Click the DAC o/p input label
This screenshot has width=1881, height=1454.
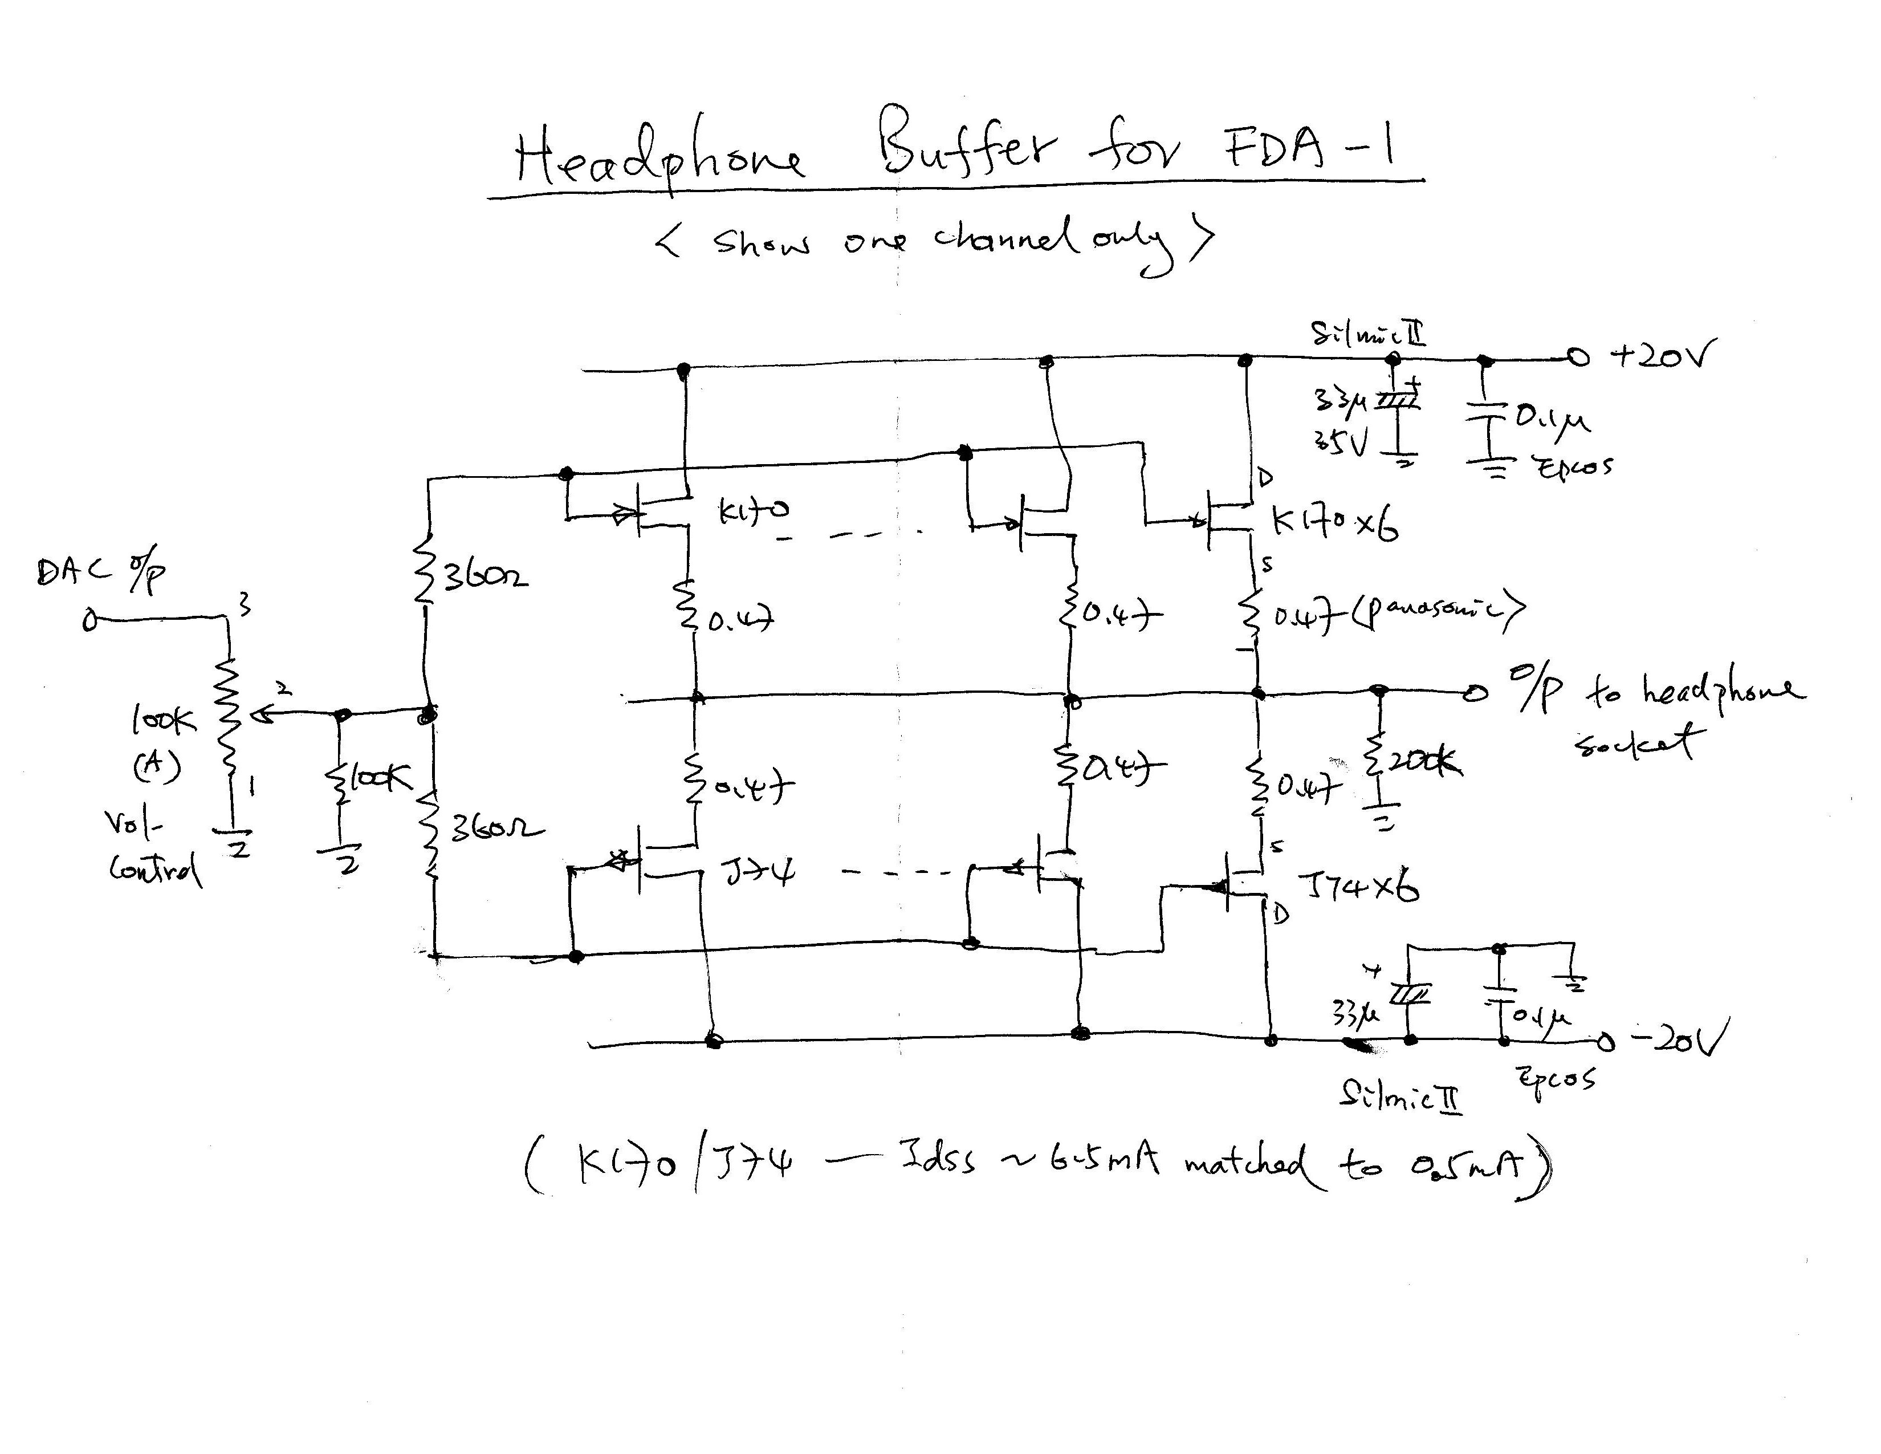[x=100, y=573]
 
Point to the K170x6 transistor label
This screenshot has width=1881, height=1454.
[x=1334, y=522]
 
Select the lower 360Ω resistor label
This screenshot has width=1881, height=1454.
[x=496, y=830]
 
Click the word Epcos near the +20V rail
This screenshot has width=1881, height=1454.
[x=1573, y=467]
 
